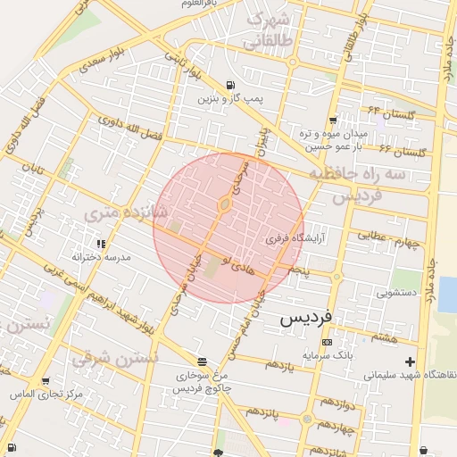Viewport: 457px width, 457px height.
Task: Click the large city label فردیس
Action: click(x=306, y=318)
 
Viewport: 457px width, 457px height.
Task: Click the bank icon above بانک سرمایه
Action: click(x=327, y=342)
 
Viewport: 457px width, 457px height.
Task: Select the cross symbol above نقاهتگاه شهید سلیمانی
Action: click(x=410, y=361)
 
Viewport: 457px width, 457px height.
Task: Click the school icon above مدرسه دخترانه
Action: click(x=102, y=244)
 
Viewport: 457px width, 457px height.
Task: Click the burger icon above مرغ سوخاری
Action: click(x=202, y=361)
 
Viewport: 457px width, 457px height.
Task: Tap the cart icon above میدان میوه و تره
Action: click(x=333, y=120)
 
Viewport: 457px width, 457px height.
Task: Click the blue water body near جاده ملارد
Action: click(x=447, y=294)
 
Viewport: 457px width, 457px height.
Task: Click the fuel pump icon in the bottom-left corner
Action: click(x=11, y=448)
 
